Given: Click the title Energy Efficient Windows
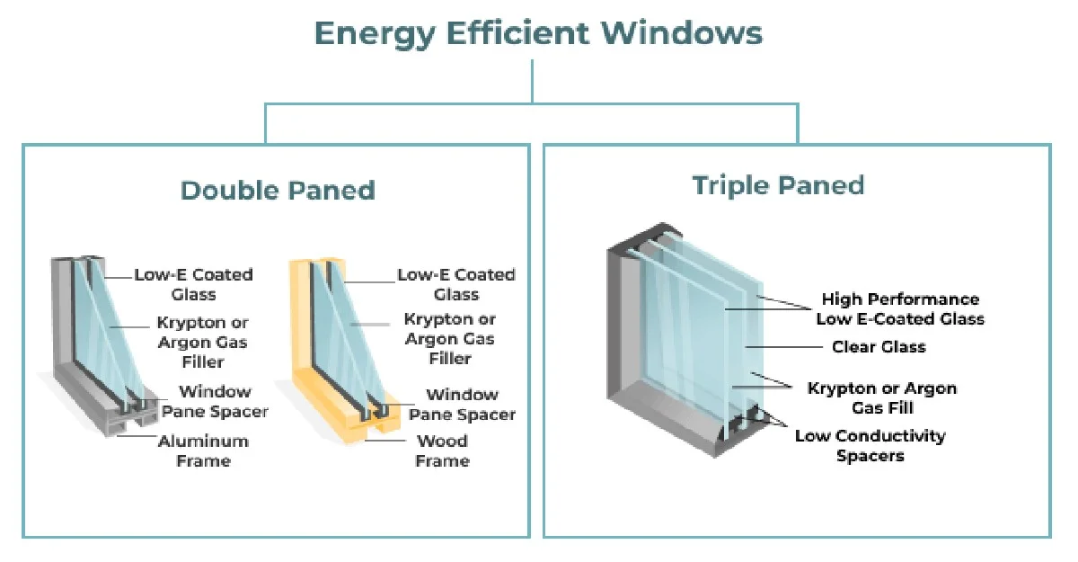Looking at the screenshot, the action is pyautogui.click(x=538, y=33).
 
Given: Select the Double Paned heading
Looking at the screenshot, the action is pyautogui.click(x=278, y=190).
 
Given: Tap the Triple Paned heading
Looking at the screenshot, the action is pyautogui.click(x=778, y=185).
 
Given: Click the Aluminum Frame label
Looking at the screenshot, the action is pyautogui.click(x=203, y=450).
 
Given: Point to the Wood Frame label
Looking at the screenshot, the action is pyautogui.click(x=442, y=450).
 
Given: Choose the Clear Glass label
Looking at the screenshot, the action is pyautogui.click(x=879, y=347).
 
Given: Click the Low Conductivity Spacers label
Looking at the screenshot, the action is pyautogui.click(x=870, y=445).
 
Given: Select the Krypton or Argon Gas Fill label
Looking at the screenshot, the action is pyautogui.click(x=882, y=397).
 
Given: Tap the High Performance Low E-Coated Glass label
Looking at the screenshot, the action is pyautogui.click(x=900, y=308).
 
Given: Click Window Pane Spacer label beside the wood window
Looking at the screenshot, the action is pyautogui.click(x=462, y=405).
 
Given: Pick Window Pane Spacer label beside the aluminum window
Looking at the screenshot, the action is pyautogui.click(x=215, y=401).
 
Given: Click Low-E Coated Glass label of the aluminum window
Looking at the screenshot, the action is pyautogui.click(x=193, y=284).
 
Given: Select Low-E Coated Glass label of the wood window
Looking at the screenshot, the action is pyautogui.click(x=456, y=284).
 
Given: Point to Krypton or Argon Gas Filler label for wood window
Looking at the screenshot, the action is pyautogui.click(x=449, y=338).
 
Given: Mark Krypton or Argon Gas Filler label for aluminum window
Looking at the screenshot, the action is pyautogui.click(x=203, y=342).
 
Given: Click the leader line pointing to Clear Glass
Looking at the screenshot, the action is pyautogui.click(x=783, y=347).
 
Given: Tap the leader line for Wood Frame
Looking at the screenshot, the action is pyautogui.click(x=385, y=441).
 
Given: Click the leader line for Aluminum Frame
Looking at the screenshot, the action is pyautogui.click(x=137, y=436).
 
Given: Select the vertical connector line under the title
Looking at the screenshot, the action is pyautogui.click(x=532, y=81).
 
